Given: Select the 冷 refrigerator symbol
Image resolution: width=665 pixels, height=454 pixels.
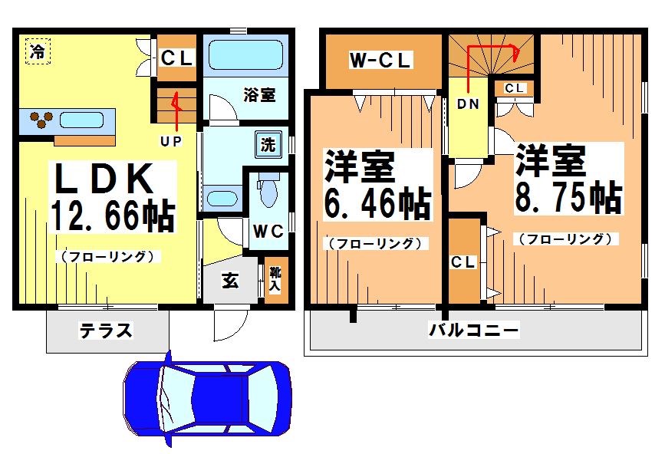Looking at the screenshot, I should pyautogui.click(x=36, y=51).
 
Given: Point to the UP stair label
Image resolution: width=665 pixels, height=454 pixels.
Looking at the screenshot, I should pyautogui.click(x=170, y=140).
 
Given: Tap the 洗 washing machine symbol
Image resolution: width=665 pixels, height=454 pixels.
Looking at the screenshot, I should pyautogui.click(x=268, y=144).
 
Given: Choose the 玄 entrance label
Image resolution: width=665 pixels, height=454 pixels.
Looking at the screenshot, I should pyautogui.click(x=229, y=281).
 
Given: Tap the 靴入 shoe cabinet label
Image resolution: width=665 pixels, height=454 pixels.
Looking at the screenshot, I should pyautogui.click(x=274, y=279).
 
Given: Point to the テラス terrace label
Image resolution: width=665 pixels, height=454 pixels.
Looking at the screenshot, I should pyautogui.click(x=106, y=331).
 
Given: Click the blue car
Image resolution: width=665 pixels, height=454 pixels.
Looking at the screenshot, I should pyautogui.click(x=207, y=397).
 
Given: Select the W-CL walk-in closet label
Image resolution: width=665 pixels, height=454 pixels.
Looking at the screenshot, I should pyautogui.click(x=381, y=61).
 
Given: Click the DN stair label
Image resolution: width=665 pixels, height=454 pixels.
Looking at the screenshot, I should pyautogui.click(x=468, y=104).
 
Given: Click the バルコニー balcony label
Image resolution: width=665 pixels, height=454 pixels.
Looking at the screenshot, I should pyautogui.click(x=473, y=331).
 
